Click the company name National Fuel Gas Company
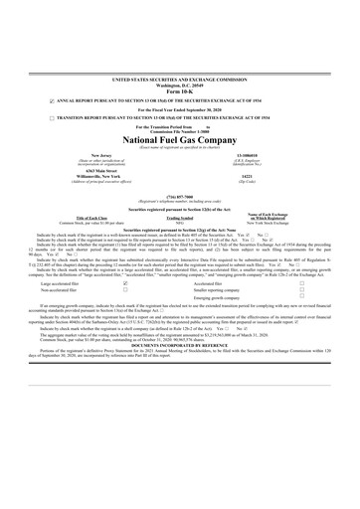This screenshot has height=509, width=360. point(179,141)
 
